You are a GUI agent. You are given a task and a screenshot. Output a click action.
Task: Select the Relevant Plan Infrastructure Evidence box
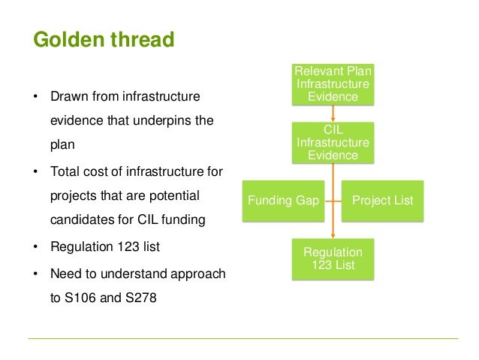pos(333,84)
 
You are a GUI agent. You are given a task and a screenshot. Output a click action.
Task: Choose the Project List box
pos(383,201)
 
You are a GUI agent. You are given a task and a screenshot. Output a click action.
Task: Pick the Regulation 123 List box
pos(333,259)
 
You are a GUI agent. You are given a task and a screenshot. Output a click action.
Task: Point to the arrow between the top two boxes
pos(333,113)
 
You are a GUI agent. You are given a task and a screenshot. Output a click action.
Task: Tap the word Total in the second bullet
pos(65,172)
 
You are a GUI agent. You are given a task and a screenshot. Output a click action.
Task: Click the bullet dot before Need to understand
pos(34,274)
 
